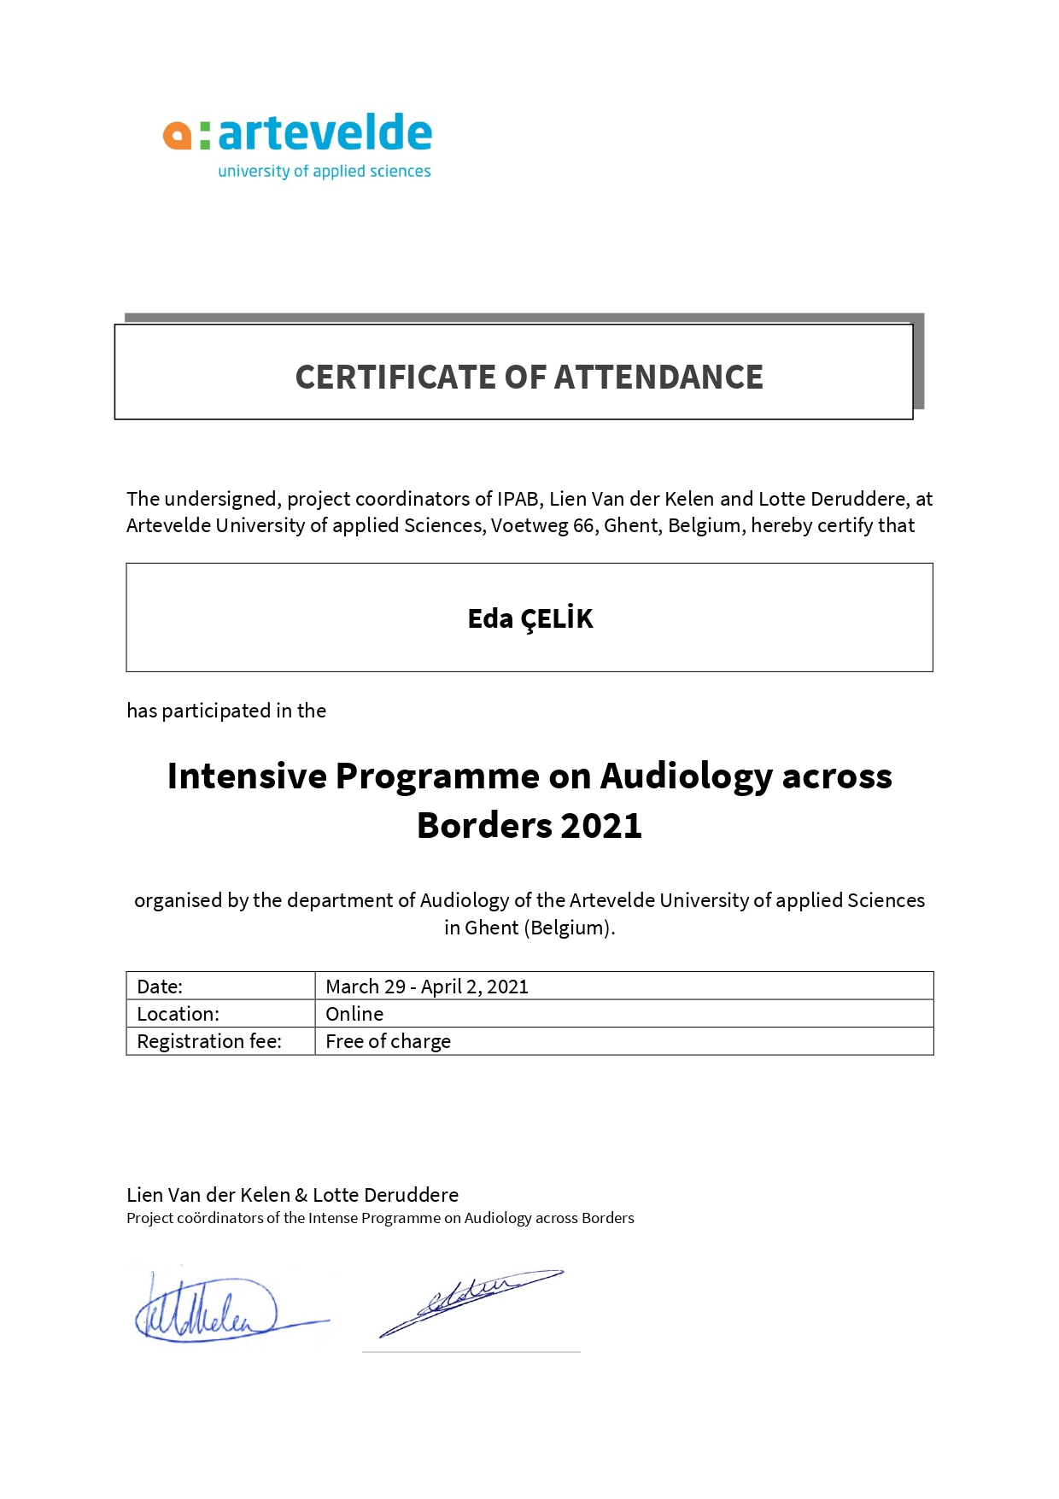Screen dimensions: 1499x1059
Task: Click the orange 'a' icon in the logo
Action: tap(178, 136)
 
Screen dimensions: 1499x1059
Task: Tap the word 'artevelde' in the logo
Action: tap(325, 133)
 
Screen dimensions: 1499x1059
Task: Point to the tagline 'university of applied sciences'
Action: tap(325, 172)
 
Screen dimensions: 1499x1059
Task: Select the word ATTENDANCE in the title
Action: tap(658, 378)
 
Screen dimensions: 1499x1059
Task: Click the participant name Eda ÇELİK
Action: tap(529, 618)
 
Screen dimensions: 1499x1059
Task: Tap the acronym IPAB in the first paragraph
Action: tap(518, 499)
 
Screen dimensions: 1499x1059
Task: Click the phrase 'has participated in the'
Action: tap(226, 711)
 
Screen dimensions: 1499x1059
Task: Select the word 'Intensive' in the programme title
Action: tap(247, 776)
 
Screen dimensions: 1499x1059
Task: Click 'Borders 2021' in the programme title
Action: tap(529, 826)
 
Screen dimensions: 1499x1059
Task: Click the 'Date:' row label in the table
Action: tap(160, 987)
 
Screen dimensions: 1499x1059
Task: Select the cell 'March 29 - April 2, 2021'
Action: tap(427, 987)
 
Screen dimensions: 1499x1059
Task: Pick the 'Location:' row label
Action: tap(178, 1014)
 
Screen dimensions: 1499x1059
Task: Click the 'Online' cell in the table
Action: tap(354, 1014)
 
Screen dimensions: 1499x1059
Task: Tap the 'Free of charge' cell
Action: tap(388, 1041)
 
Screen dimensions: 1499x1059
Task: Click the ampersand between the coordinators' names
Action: tap(301, 1195)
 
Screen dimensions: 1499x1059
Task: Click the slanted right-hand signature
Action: tap(470, 1302)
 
